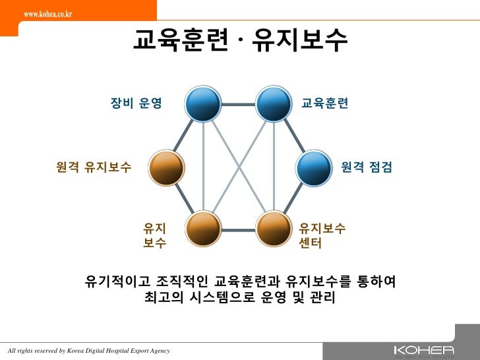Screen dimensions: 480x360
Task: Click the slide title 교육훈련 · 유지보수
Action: click(240, 41)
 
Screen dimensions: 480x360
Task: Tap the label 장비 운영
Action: click(136, 104)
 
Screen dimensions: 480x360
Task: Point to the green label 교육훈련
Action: click(324, 104)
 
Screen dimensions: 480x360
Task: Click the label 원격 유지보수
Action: click(94, 167)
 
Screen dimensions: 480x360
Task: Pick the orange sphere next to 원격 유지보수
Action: click(167, 167)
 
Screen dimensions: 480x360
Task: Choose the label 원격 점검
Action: click(367, 167)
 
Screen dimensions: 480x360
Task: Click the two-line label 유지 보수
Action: click(155, 236)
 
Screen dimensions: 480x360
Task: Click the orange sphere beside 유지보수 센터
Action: click(274, 229)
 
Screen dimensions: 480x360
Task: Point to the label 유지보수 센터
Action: click(322, 236)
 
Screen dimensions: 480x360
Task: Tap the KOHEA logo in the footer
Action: click(423, 350)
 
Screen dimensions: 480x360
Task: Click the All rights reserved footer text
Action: click(88, 350)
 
